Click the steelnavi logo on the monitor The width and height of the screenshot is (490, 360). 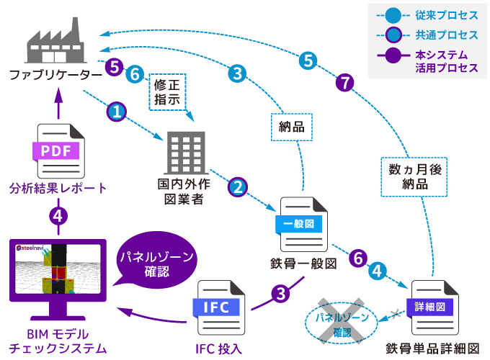pyautogui.click(x=32, y=247)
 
